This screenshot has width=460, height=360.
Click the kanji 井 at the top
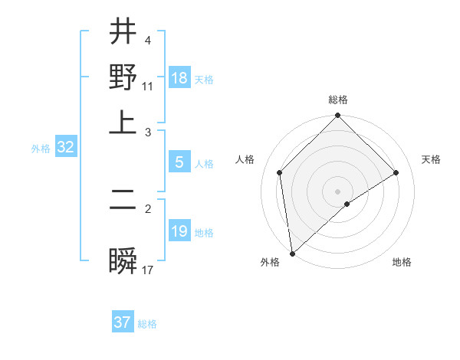click(123, 33)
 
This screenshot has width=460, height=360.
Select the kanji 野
click(123, 77)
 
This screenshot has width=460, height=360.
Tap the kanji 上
click(123, 123)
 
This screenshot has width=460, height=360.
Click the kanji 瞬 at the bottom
click(123, 261)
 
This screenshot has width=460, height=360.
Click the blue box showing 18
click(179, 79)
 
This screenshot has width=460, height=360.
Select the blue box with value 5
click(179, 163)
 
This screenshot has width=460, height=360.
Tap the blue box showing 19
click(179, 232)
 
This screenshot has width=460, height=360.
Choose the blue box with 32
click(65, 148)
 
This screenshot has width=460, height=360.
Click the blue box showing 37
click(123, 322)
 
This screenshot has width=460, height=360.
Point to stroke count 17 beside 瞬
click(148, 270)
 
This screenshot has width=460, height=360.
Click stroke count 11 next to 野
click(148, 86)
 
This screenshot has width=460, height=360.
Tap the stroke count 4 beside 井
click(148, 40)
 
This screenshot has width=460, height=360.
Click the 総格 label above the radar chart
click(337, 100)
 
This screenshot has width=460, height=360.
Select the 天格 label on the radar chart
click(431, 159)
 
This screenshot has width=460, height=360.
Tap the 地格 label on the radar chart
click(402, 262)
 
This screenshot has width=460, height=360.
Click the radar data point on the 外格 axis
click(292, 254)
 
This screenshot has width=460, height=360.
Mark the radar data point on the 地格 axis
click(347, 204)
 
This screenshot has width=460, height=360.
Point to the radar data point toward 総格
click(337, 116)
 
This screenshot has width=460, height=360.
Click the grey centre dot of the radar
click(337, 191)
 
